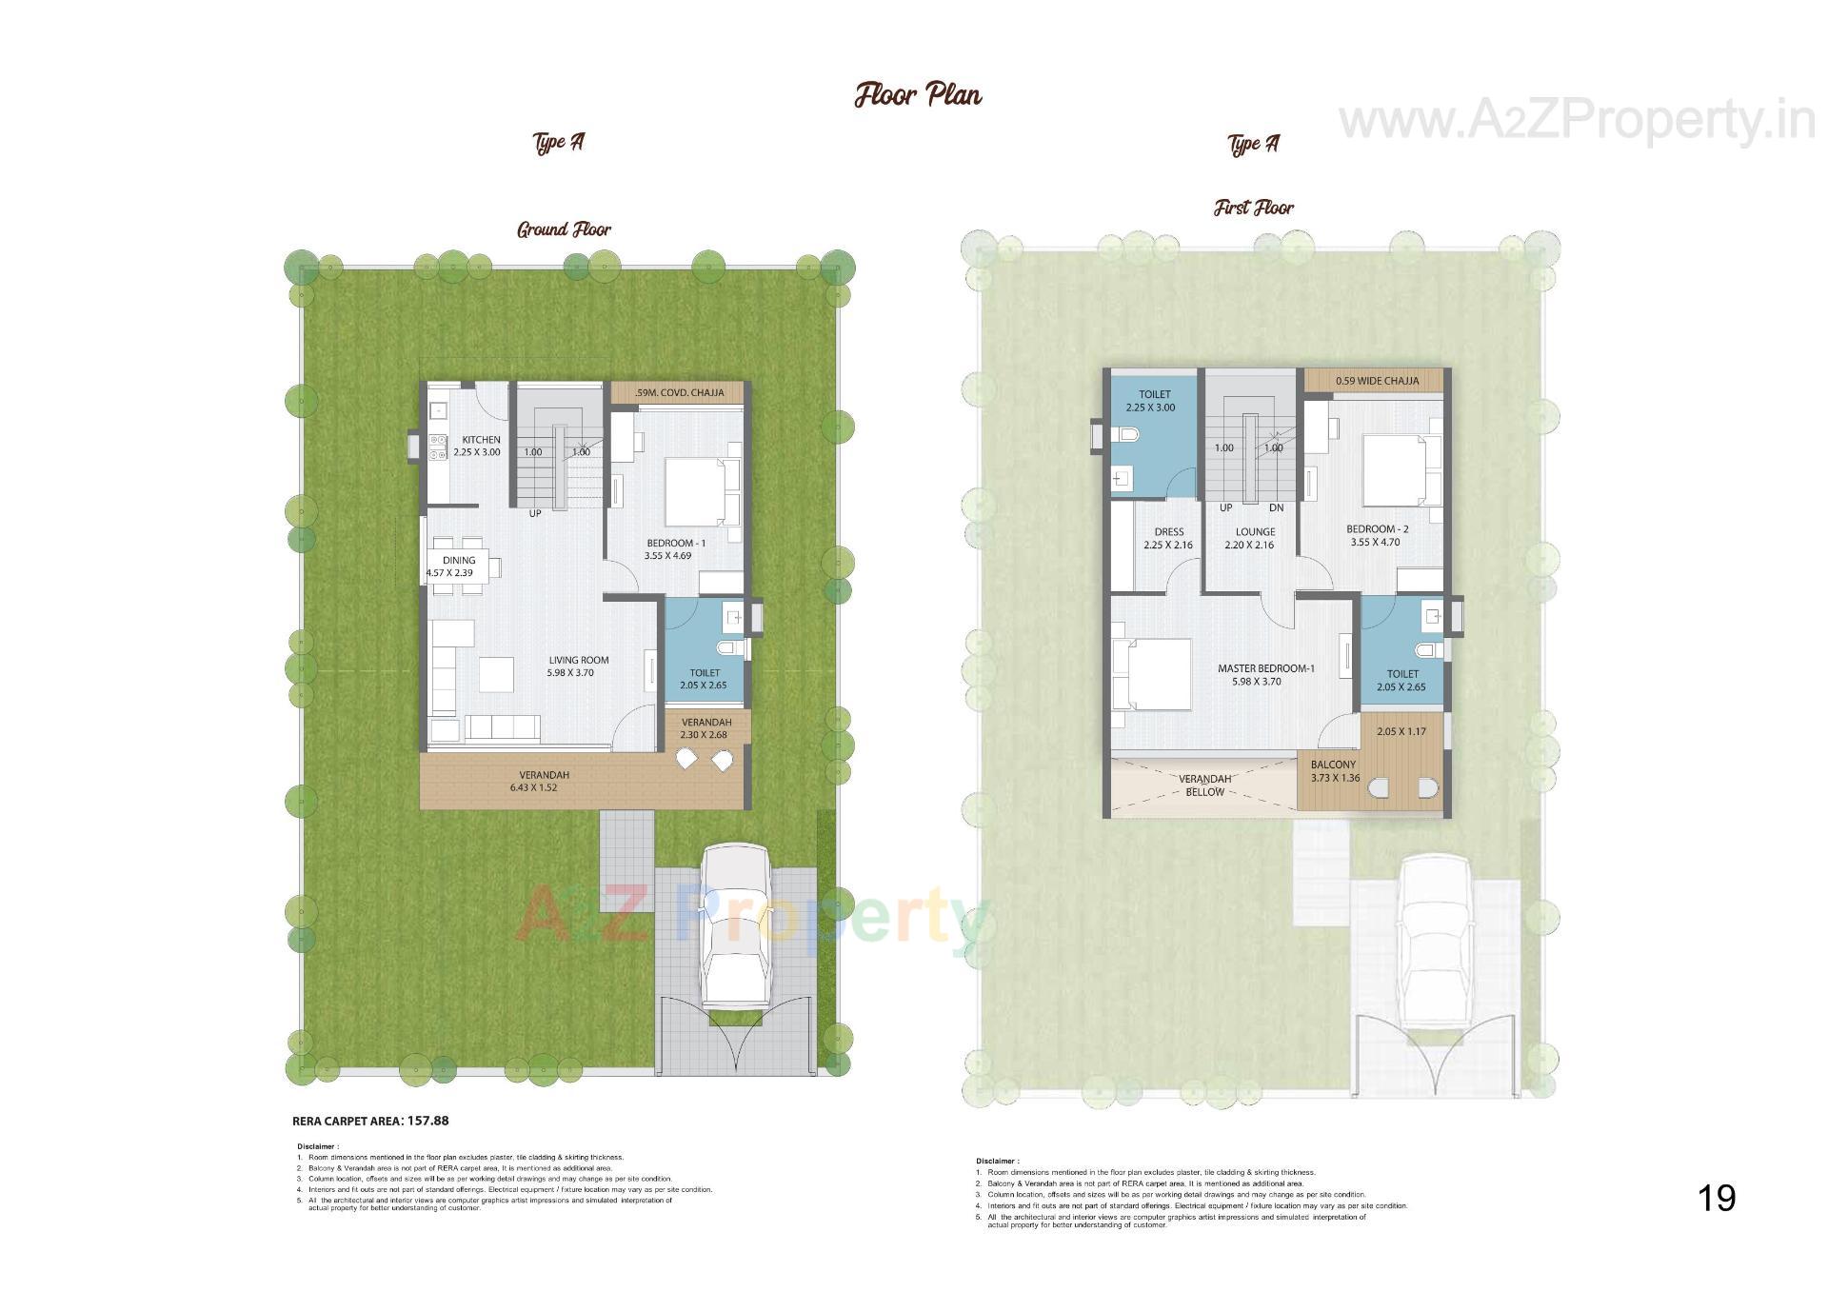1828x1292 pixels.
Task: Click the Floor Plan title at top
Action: [917, 95]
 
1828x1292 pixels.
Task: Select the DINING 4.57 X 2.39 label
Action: [458, 566]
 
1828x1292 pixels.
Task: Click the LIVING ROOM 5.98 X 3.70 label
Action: [577, 666]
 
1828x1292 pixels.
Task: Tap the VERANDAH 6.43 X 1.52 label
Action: [544, 781]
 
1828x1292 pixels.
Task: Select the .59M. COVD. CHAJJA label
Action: [680, 392]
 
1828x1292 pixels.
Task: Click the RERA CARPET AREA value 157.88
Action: [427, 1121]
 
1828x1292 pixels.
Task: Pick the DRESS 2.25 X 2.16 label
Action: [1168, 538]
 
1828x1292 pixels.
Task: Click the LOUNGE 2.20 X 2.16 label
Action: [1255, 538]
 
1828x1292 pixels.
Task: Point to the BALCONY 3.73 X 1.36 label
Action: [1334, 770]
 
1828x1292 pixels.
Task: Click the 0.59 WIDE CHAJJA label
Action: [1377, 381]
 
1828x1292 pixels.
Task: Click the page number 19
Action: [1717, 1198]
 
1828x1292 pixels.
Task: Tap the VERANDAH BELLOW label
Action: [1204, 785]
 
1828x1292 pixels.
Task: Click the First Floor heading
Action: [1253, 208]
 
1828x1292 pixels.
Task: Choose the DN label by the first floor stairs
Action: [1276, 507]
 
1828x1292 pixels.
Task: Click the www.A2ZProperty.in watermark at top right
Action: [1576, 122]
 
